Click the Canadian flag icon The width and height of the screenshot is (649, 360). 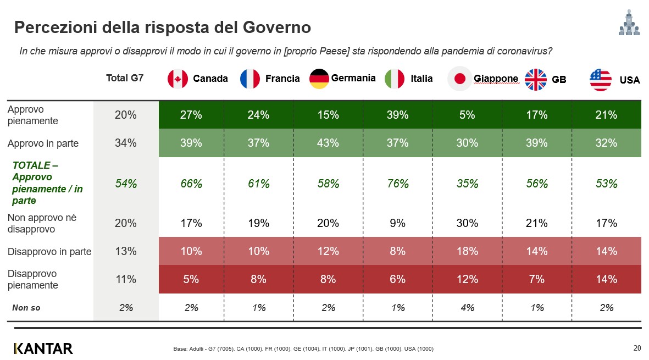[177, 79]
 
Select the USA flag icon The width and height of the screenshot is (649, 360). [600, 80]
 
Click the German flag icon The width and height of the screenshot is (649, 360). [319, 79]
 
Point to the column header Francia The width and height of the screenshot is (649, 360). [282, 79]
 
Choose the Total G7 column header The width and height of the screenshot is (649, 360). [125, 78]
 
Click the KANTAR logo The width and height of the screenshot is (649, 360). [43, 348]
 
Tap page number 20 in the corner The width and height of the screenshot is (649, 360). [637, 348]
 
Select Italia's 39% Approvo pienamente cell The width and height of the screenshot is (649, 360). [397, 115]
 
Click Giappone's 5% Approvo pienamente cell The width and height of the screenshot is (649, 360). [467, 115]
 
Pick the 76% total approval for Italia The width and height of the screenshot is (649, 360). [397, 184]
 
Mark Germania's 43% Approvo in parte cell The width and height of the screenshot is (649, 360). [328, 143]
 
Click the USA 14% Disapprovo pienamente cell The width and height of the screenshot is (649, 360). [606, 279]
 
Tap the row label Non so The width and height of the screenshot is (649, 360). [26, 308]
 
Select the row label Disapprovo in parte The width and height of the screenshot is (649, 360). [49, 252]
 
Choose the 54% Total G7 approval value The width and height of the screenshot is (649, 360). [126, 184]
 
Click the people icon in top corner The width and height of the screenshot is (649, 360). [629, 23]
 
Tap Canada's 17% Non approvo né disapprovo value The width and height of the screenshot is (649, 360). [191, 223]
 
